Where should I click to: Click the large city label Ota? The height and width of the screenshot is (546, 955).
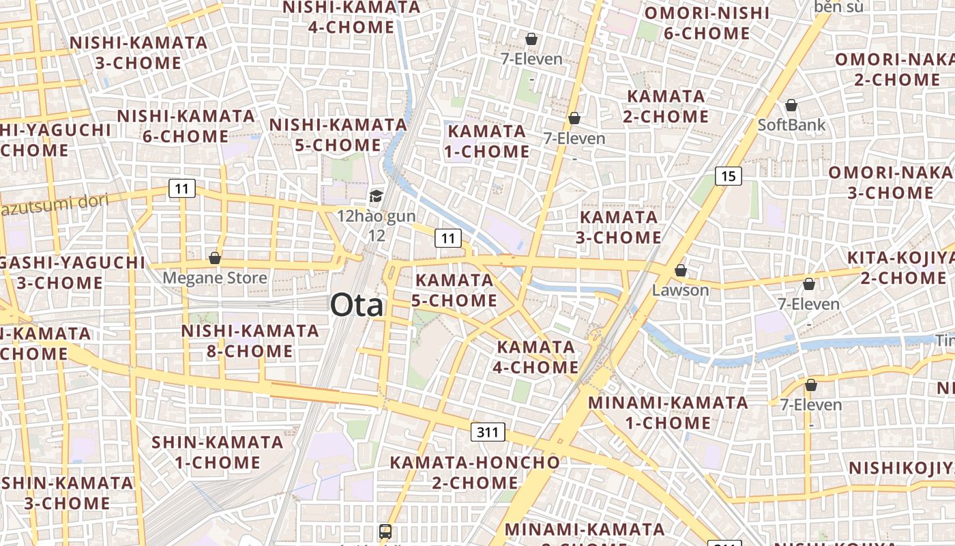coord(357,305)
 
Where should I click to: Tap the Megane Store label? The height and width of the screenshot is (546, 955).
coord(215,278)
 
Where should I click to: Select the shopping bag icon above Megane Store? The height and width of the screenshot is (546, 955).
coord(215,258)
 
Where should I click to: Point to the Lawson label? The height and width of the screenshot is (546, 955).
coord(680,290)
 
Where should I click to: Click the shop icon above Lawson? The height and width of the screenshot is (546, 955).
coord(680,270)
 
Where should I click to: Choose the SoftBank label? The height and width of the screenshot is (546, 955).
coord(791,125)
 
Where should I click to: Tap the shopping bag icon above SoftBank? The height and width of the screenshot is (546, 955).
coord(791,105)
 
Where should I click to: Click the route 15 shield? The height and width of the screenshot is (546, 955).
coord(729,176)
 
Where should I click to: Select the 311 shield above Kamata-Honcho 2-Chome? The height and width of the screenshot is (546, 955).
coord(488,432)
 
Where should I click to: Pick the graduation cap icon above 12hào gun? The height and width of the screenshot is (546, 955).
coord(376,197)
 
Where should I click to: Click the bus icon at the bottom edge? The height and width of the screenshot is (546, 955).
coord(385,531)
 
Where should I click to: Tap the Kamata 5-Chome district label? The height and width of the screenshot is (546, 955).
coord(454,290)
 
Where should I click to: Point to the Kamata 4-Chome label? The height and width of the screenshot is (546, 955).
coord(538,357)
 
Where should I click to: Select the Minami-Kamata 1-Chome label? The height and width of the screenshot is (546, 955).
coord(668,412)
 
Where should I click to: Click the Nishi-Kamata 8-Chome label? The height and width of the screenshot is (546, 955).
coord(250,341)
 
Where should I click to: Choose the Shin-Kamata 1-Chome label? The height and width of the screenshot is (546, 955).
coord(218,452)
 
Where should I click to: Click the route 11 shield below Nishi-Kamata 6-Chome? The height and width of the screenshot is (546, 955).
coord(182,188)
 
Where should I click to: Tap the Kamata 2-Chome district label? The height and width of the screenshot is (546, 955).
coord(666,106)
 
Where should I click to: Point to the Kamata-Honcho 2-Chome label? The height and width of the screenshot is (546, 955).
coord(475,472)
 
